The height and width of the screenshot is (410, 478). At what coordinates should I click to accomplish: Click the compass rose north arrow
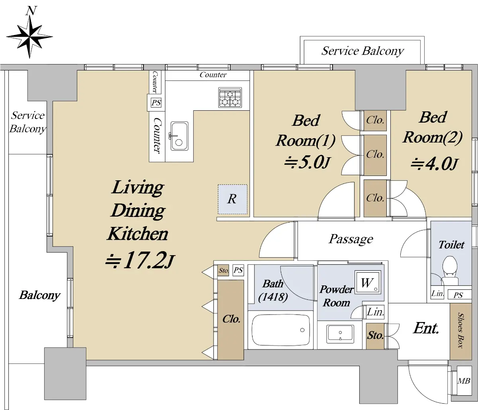tap(29, 35)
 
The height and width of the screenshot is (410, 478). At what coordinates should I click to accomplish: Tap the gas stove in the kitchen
tap(230, 97)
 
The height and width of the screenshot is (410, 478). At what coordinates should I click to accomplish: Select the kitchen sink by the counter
tap(179, 136)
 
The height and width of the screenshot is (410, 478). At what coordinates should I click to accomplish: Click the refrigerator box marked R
tap(232, 199)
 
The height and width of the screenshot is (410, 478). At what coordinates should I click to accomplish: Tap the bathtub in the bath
tap(280, 330)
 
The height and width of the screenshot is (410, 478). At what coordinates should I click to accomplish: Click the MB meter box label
tap(464, 381)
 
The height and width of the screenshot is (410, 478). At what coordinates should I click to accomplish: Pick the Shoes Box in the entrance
tap(460, 331)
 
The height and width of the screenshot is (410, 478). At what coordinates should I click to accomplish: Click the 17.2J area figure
tap(140, 260)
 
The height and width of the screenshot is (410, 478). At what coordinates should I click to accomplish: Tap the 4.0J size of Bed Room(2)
tap(434, 164)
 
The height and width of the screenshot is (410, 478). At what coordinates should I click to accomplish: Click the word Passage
tap(351, 239)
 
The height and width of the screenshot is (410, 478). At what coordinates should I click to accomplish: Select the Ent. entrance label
tap(426, 328)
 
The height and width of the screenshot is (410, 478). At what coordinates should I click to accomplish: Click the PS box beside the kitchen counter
tap(156, 102)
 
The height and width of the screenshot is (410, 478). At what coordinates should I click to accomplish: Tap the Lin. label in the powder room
tap(376, 312)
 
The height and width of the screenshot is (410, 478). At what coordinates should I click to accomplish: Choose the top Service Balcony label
tap(362, 51)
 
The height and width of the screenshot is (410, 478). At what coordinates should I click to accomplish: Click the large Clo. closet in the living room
tap(231, 320)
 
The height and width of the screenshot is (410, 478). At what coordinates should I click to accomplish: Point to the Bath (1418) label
tap(273, 291)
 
